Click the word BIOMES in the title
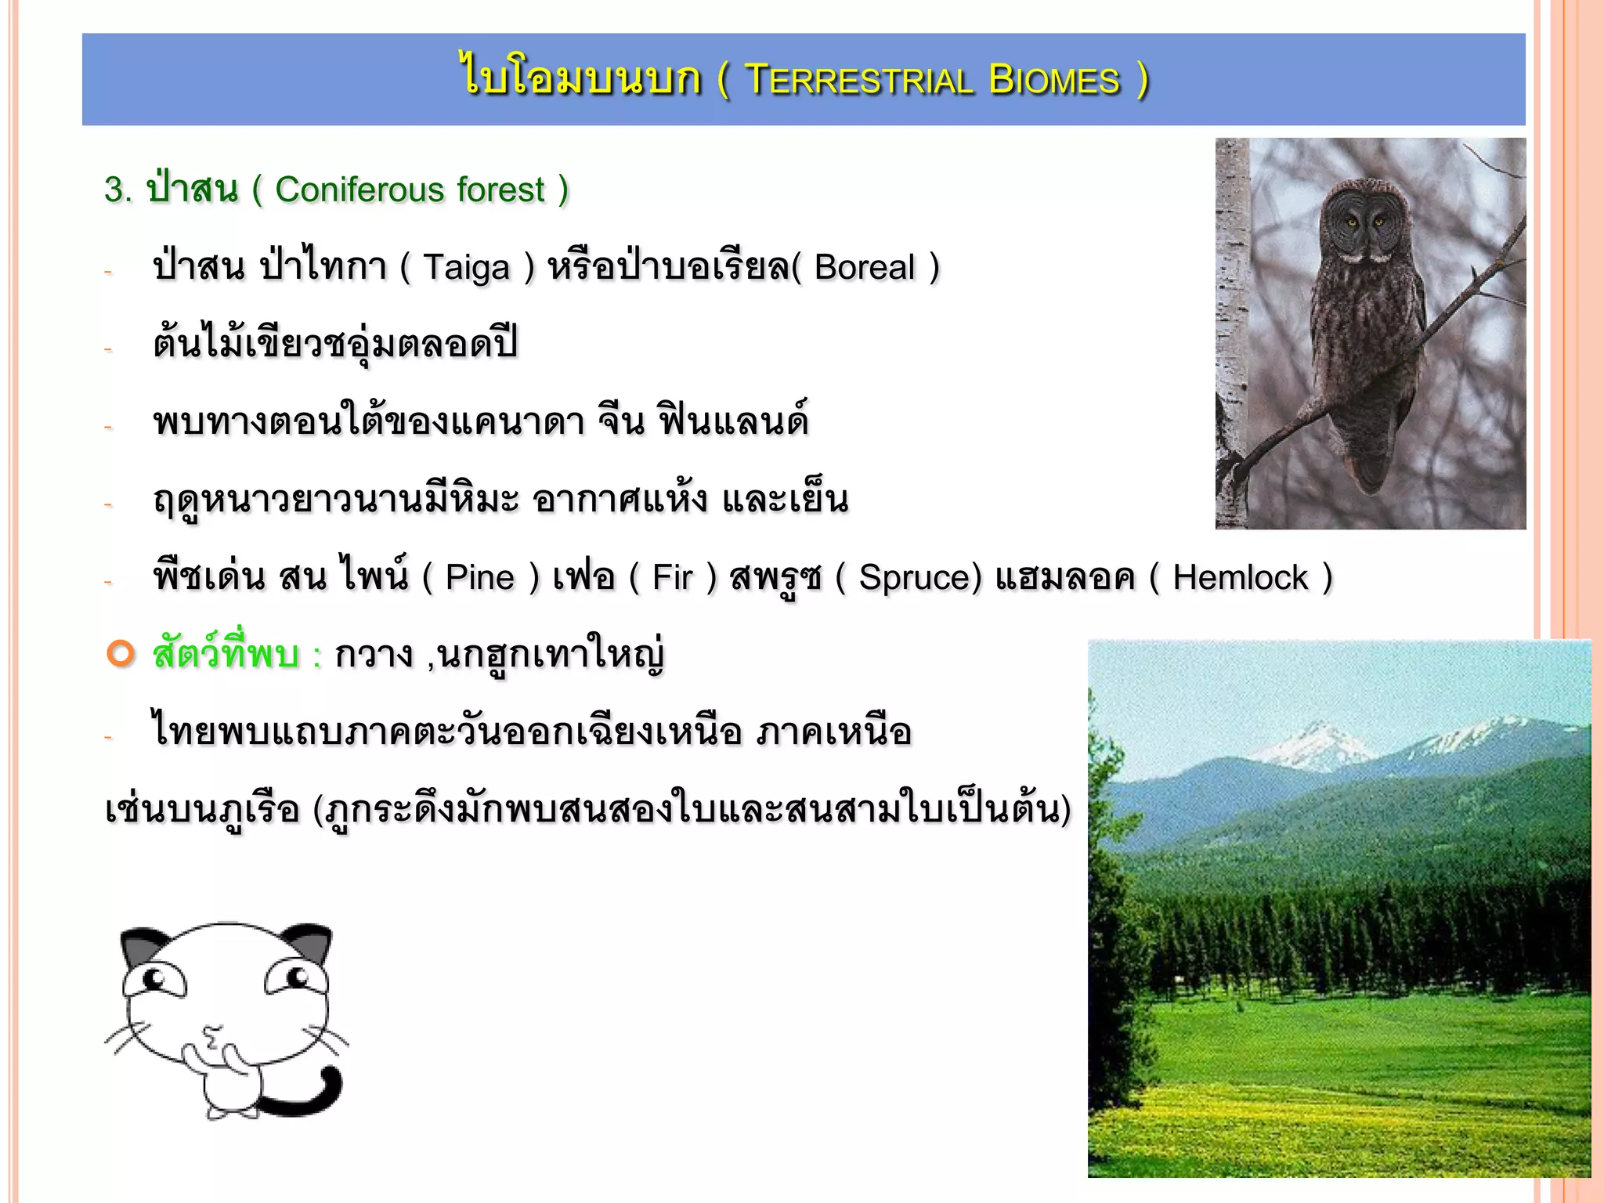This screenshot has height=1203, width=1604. (x=1054, y=81)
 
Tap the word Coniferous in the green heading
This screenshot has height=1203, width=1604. (x=359, y=190)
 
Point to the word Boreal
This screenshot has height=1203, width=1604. (x=864, y=268)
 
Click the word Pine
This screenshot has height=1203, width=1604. (x=479, y=578)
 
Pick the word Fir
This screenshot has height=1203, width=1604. (x=672, y=578)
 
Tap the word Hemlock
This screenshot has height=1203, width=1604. (x=1240, y=578)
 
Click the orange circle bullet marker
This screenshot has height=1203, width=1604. (x=121, y=653)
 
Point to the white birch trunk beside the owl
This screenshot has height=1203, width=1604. (x=1232, y=313)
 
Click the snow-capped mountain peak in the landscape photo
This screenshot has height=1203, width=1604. (x=1316, y=736)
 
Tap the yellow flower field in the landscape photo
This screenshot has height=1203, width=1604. (x=1331, y=1120)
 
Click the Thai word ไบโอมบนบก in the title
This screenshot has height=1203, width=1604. (x=580, y=79)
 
